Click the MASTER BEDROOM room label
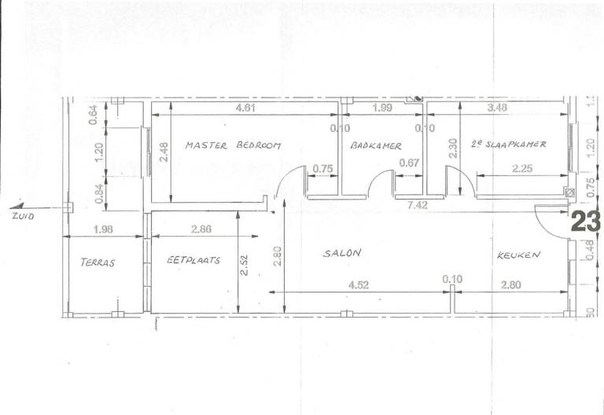click(x=233, y=145)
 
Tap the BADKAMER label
click(x=376, y=145)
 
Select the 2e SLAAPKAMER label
click(x=509, y=145)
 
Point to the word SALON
click(x=342, y=253)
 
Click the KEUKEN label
click(x=518, y=255)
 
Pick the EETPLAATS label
click(x=193, y=260)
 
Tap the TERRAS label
click(x=98, y=263)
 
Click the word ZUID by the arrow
click(x=23, y=216)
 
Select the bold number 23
click(x=585, y=222)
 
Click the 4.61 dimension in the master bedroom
click(x=245, y=108)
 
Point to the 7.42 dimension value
click(x=418, y=205)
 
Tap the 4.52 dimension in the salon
click(x=359, y=285)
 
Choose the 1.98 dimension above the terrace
click(x=103, y=229)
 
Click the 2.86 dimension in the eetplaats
click(x=201, y=229)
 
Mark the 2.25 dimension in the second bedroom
click(x=522, y=168)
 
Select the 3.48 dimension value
click(x=497, y=108)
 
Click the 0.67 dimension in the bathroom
click(x=409, y=163)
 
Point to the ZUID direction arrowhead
click(x=18, y=207)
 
